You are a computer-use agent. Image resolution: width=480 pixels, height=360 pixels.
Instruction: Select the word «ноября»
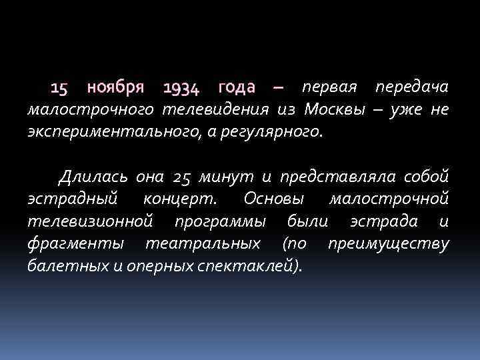click(116, 88)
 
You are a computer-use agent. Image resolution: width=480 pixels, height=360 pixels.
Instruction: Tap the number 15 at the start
click(59, 88)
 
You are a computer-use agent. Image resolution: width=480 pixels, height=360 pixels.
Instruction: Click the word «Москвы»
click(333, 109)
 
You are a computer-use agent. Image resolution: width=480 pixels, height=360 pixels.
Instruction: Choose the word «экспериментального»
click(108, 131)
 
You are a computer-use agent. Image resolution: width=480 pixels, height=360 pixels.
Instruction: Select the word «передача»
click(412, 88)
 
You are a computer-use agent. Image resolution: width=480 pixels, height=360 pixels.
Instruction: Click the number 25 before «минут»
click(181, 177)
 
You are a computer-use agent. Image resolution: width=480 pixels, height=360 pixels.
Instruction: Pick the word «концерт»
click(182, 199)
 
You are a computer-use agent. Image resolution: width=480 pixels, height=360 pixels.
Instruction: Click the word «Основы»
click(274, 199)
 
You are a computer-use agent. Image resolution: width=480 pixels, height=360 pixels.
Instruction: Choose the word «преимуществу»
click(389, 243)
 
